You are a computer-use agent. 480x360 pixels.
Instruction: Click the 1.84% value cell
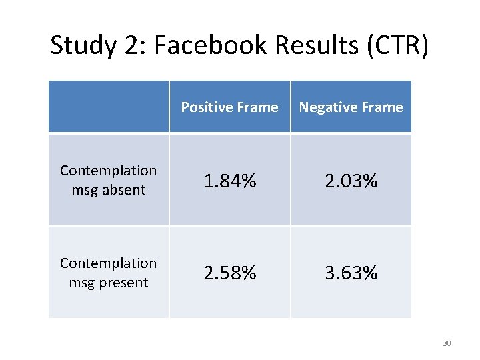pyautogui.click(x=229, y=181)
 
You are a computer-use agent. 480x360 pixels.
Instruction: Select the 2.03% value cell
pyautogui.click(x=351, y=181)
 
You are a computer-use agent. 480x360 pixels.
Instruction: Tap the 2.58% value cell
pyautogui.click(x=229, y=273)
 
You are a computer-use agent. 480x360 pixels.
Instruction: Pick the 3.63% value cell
pyautogui.click(x=351, y=273)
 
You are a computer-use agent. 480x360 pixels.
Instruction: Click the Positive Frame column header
pyautogui.click(x=229, y=107)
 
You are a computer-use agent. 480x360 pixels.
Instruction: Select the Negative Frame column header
pyautogui.click(x=351, y=107)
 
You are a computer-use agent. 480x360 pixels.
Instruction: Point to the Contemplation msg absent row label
pyautogui.click(x=108, y=180)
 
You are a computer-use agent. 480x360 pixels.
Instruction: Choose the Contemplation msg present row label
pyautogui.click(x=108, y=273)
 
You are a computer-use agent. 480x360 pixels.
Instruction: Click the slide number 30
pyautogui.click(x=447, y=343)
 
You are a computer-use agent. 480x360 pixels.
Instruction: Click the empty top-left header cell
pyautogui.click(x=108, y=107)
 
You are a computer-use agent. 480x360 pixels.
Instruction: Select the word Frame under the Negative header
pyautogui.click(x=381, y=107)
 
